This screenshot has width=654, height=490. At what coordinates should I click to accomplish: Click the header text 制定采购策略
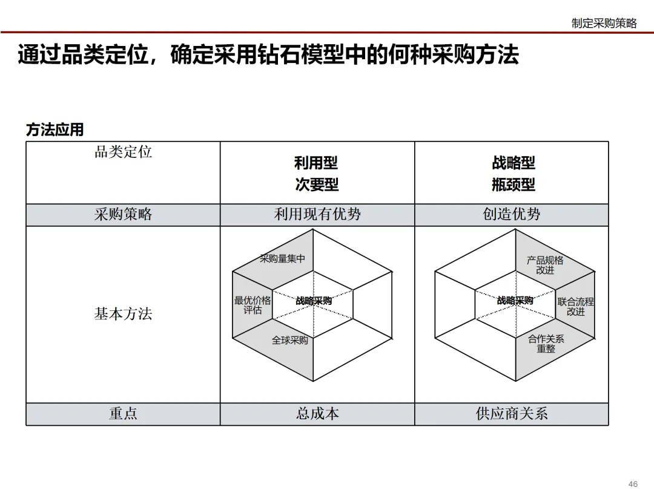tap(604, 23)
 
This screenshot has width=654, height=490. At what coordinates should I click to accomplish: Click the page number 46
tap(633, 484)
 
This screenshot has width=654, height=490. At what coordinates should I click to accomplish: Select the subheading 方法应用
tap(54, 129)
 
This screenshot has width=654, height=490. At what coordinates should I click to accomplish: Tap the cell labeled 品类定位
tap(123, 152)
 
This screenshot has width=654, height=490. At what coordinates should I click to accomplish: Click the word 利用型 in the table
tap(316, 163)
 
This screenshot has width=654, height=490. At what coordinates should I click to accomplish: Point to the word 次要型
tap(316, 185)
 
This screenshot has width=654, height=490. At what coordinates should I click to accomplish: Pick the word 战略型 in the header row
tap(513, 163)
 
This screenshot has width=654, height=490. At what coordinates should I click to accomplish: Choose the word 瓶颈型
tap(513, 185)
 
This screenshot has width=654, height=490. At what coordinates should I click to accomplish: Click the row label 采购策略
tap(123, 214)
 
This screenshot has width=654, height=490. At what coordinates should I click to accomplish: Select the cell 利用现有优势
tap(317, 214)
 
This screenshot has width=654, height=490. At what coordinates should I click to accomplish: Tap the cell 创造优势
tap(512, 214)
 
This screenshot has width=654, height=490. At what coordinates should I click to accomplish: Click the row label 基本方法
tap(123, 314)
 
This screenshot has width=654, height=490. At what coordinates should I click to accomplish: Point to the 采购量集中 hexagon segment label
tap(282, 259)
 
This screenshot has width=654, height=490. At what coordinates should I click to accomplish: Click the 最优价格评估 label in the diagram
tap(253, 305)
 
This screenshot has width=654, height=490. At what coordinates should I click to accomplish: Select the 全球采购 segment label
tap(289, 340)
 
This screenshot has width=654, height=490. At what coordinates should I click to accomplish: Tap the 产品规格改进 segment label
tap(545, 265)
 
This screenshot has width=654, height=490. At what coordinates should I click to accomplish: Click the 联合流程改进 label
tap(576, 306)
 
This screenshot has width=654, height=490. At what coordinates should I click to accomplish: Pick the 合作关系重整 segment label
tap(546, 344)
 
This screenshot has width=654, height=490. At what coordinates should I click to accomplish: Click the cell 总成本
tap(317, 414)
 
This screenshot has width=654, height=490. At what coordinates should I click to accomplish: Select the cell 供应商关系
tap(512, 414)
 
